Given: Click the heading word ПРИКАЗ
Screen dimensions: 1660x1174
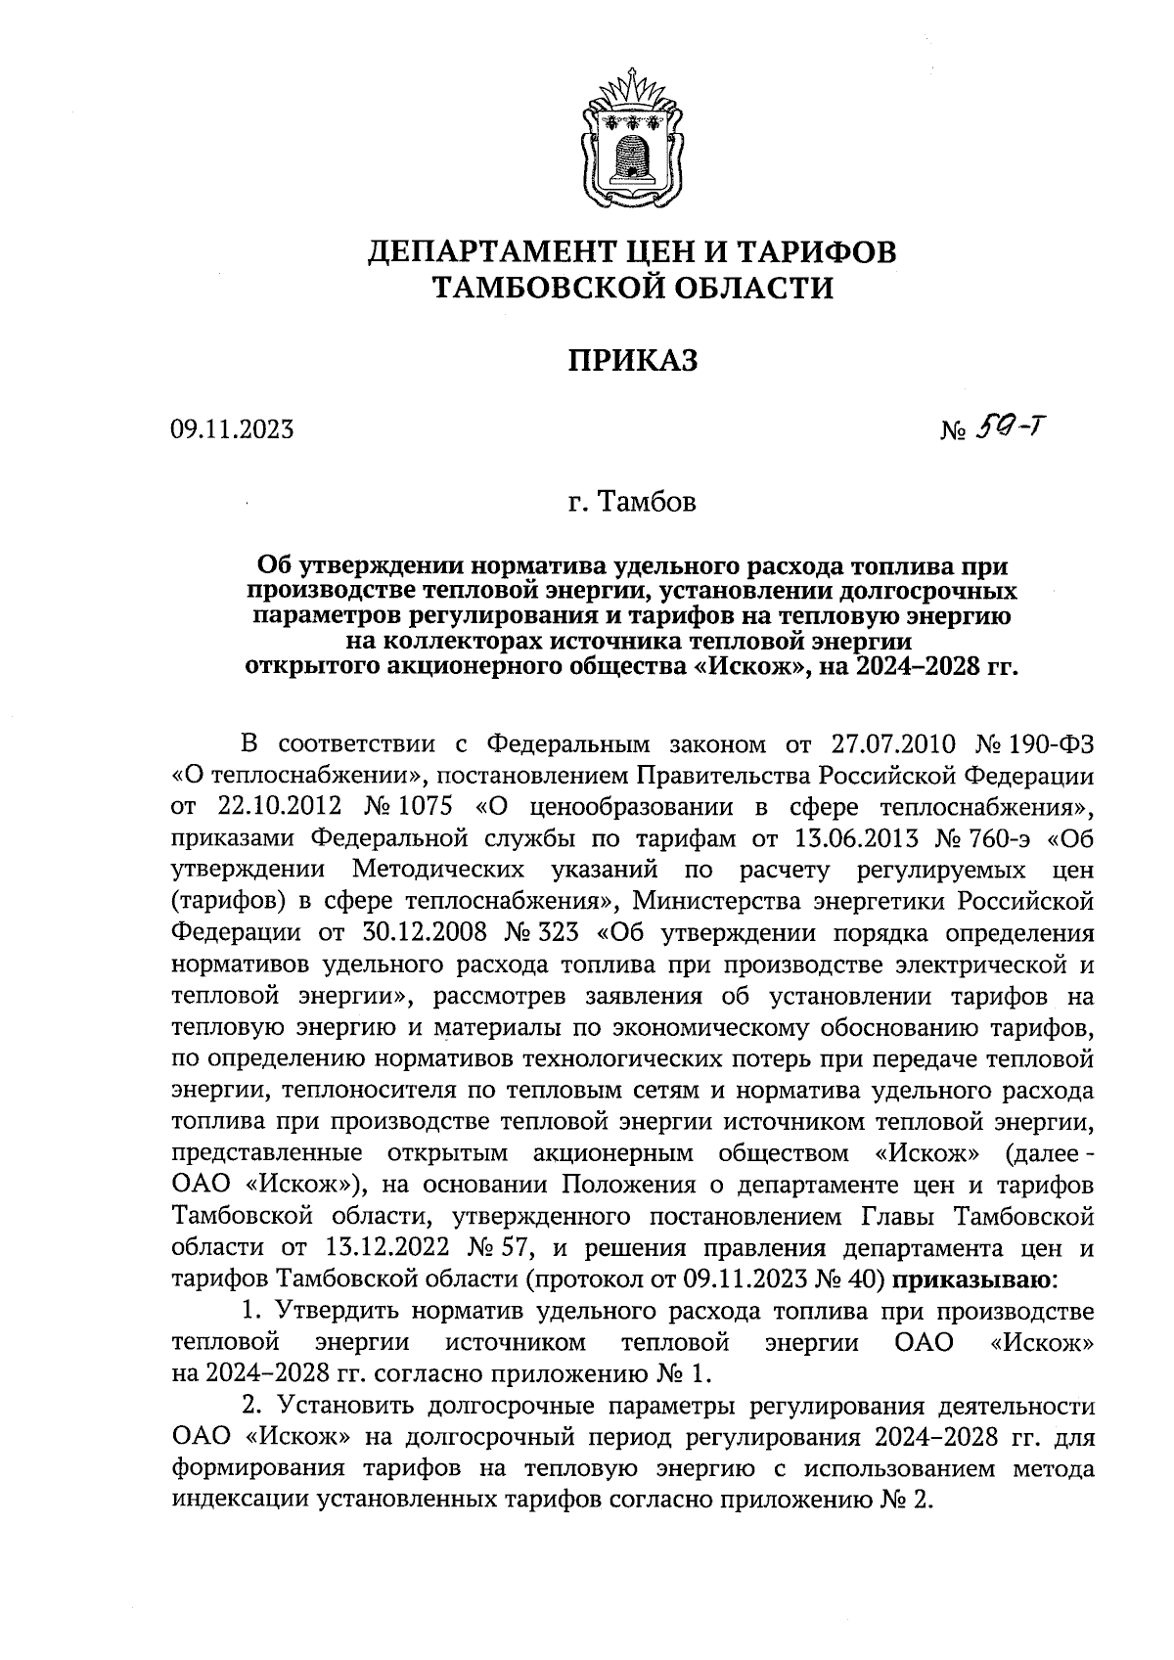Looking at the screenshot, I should [633, 360].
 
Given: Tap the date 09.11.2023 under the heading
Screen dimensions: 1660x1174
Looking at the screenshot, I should [232, 429].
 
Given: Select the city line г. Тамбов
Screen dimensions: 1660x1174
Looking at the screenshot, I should [633, 503].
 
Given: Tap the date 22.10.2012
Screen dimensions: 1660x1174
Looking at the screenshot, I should [276, 808].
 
